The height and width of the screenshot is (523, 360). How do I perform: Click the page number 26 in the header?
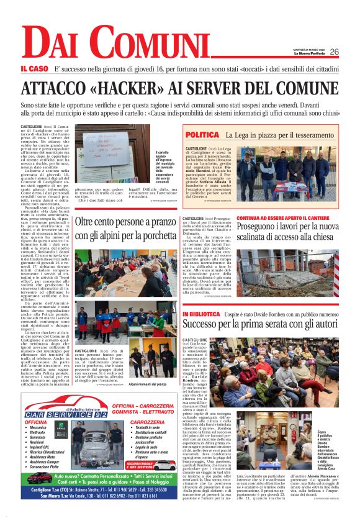[334, 52]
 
